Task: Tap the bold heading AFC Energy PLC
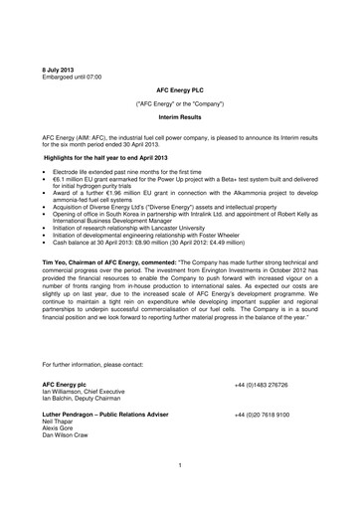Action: (180, 88)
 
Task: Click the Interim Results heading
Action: (180, 114)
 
